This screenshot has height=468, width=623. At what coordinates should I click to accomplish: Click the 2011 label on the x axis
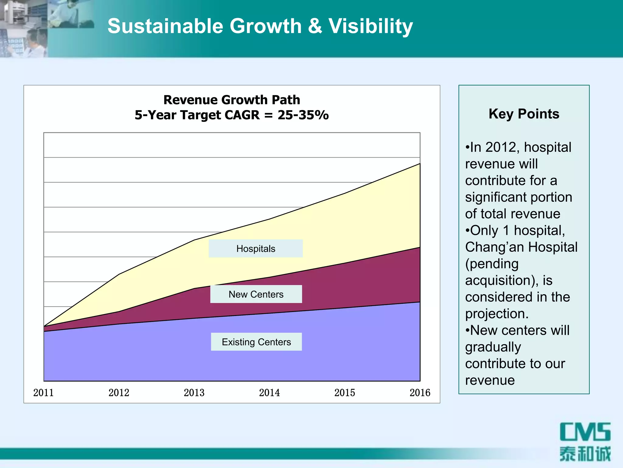pyautogui.click(x=44, y=392)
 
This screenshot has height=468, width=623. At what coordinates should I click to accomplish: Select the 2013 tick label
pyautogui.click(x=194, y=392)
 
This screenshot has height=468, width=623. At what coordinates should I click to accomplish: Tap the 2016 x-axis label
pyautogui.click(x=420, y=392)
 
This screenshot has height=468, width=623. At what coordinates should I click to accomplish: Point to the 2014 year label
pyautogui.click(x=269, y=392)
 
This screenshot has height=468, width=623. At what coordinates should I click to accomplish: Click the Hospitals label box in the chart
pyautogui.click(x=256, y=249)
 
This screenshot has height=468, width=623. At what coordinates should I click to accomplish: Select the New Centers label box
pyautogui.click(x=256, y=294)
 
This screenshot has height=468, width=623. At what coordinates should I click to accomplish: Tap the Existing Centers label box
pyautogui.click(x=256, y=342)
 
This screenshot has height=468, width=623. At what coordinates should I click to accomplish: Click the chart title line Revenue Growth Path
pyautogui.click(x=231, y=100)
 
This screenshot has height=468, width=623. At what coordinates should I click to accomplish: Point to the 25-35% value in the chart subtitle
pyautogui.click(x=303, y=115)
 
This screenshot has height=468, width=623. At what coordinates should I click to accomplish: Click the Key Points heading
pyautogui.click(x=524, y=114)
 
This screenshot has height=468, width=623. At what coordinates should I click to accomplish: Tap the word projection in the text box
pyautogui.click(x=496, y=314)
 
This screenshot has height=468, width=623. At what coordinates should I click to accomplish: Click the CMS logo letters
pyautogui.click(x=585, y=432)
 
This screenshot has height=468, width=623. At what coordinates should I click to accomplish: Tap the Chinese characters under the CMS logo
pyautogui.click(x=585, y=454)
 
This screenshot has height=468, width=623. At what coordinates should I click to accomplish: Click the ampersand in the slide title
pyautogui.click(x=315, y=26)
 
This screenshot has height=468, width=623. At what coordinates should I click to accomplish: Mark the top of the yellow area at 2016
pyautogui.click(x=420, y=164)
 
